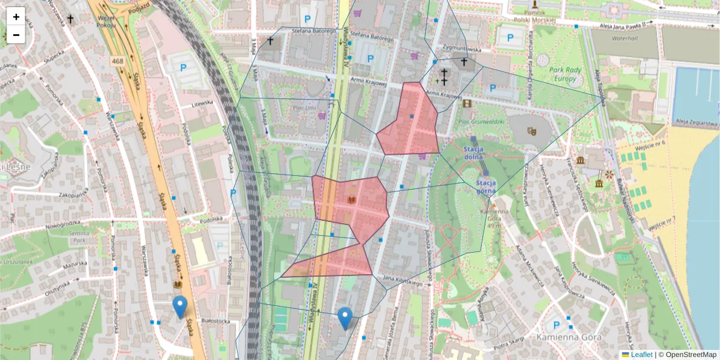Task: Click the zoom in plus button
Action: tap(16, 17)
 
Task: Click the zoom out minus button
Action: tap(16, 35)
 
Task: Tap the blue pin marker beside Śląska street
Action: tap(179, 307)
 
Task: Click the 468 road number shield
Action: tap(118, 61)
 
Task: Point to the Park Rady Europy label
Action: tap(565, 74)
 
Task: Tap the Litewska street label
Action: tap(202, 103)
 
